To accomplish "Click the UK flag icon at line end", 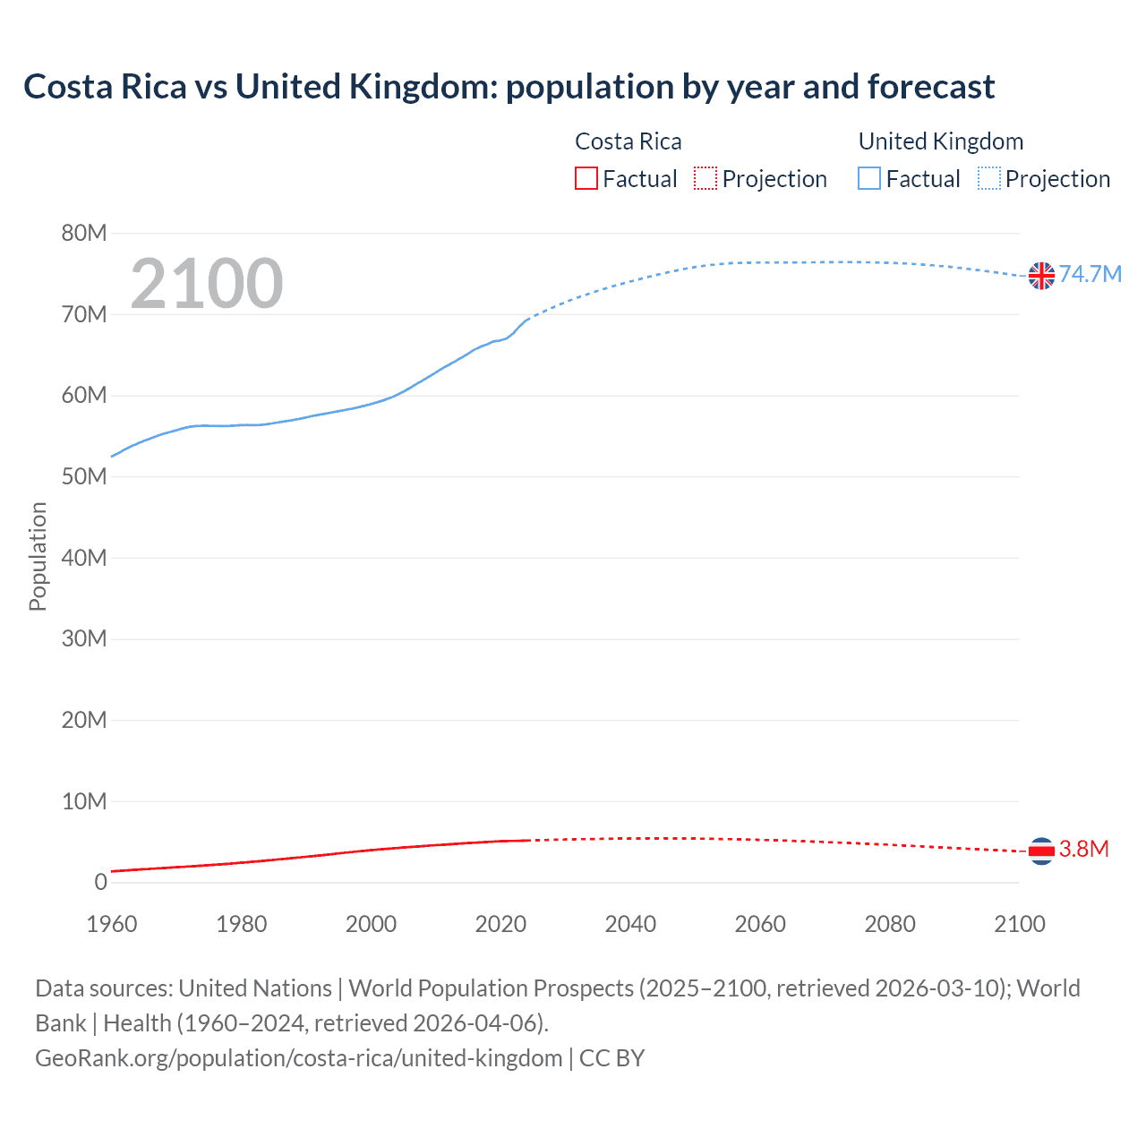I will pos(1041,276).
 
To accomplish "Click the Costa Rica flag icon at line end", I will pos(1041,851).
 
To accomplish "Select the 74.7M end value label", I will pos(1090,274).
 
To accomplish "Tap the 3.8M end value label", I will pos(1083,849).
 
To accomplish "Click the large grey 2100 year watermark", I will pos(207,284).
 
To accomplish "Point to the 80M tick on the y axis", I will pos(84,234).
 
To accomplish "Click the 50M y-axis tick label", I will pos(84,476).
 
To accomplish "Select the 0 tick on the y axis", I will pos(100,882).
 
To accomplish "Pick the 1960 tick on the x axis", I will pos(112,924).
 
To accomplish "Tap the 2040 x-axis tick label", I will pos(630,924).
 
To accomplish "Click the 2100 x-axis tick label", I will pos(1019,924).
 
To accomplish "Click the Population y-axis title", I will pos(38,556).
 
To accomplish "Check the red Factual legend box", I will pos(586,178).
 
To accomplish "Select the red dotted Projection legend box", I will pos(706,178).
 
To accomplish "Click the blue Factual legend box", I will pos(869,178).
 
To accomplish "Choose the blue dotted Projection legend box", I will pos(988,178).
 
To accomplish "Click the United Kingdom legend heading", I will pos(940,141).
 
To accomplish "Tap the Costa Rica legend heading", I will pos(628,141).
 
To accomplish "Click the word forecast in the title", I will pos(930,87).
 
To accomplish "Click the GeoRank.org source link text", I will pos(298,1058).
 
